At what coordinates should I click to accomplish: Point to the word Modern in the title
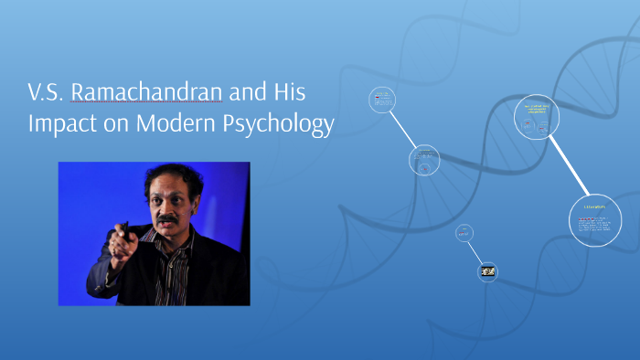coord(174,124)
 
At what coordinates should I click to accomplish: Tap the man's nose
coord(166,208)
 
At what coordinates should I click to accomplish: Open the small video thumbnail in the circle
coord(488,271)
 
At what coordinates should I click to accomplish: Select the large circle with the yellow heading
coord(537,117)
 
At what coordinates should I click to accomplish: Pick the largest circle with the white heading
coord(595,220)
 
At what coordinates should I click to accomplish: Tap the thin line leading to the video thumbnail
coord(476,253)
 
